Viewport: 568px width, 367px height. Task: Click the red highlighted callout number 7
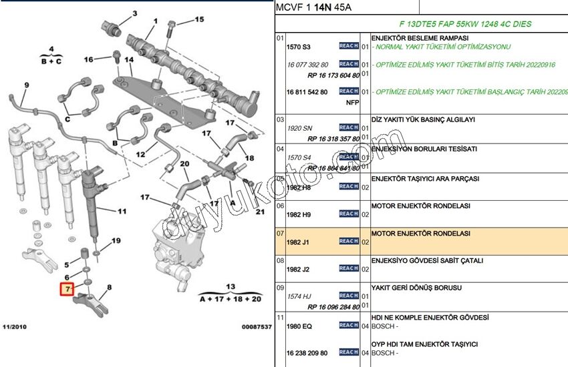click(x=67, y=289)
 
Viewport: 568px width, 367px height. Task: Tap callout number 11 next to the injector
click(x=122, y=212)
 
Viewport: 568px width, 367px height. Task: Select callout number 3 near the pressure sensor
click(x=134, y=13)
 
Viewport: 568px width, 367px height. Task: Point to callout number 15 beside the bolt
click(x=199, y=20)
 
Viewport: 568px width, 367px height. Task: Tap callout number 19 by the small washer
click(x=116, y=240)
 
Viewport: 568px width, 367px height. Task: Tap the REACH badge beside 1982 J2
click(x=348, y=268)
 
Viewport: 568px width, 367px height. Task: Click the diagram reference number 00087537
click(x=256, y=327)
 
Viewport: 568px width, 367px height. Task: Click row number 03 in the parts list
click(x=280, y=119)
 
